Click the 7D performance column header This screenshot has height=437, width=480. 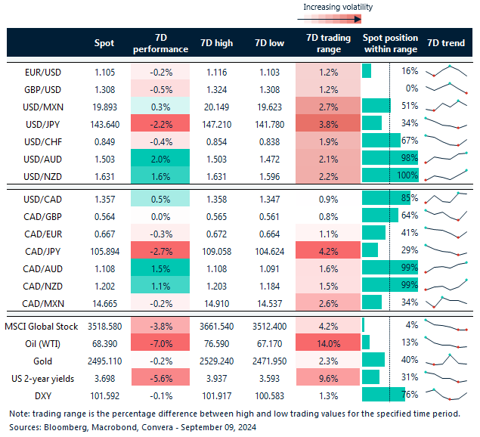coord(160,43)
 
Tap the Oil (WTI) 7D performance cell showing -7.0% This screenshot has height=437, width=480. coord(160,344)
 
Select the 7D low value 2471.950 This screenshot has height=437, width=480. coord(270,361)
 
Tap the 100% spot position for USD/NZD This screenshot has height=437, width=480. coord(409,175)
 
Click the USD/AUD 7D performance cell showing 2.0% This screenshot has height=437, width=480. coord(160,158)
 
